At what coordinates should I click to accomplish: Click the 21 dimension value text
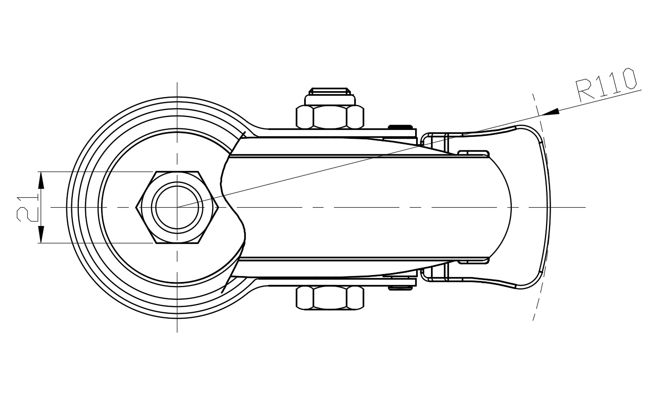click(x=27, y=208)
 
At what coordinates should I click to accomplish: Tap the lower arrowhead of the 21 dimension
click(x=41, y=234)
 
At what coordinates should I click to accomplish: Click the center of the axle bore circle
click(x=177, y=207)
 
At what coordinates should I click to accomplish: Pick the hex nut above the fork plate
click(x=329, y=117)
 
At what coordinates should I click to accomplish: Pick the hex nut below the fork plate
click(x=329, y=298)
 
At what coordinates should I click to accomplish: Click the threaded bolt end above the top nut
click(x=330, y=92)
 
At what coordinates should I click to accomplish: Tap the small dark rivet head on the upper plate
click(x=400, y=126)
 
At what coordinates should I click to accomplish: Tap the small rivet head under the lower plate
click(x=400, y=288)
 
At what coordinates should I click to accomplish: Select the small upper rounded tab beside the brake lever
click(x=473, y=153)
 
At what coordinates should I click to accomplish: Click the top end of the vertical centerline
click(x=177, y=83)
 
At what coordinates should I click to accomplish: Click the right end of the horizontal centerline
click(x=585, y=207)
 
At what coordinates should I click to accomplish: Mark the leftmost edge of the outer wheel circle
click(x=67, y=207)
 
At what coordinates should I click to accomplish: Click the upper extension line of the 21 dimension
click(x=94, y=172)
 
